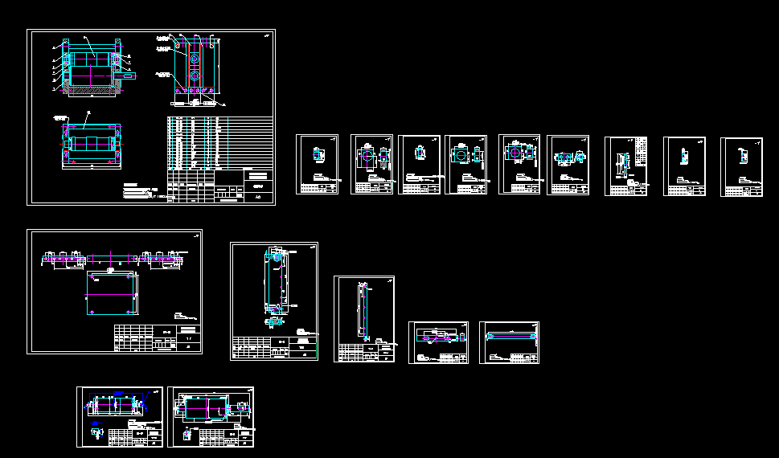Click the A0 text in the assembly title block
click(x=258, y=195)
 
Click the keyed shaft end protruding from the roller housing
click(x=133, y=77)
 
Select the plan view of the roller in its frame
click(x=92, y=144)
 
